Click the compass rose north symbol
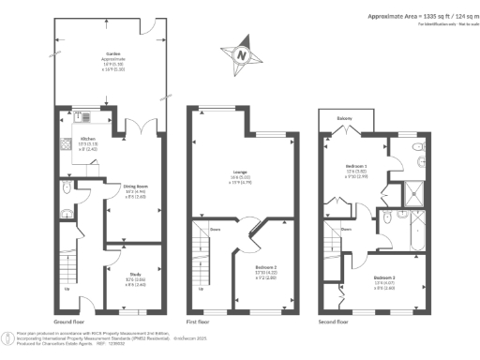click(241, 55)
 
